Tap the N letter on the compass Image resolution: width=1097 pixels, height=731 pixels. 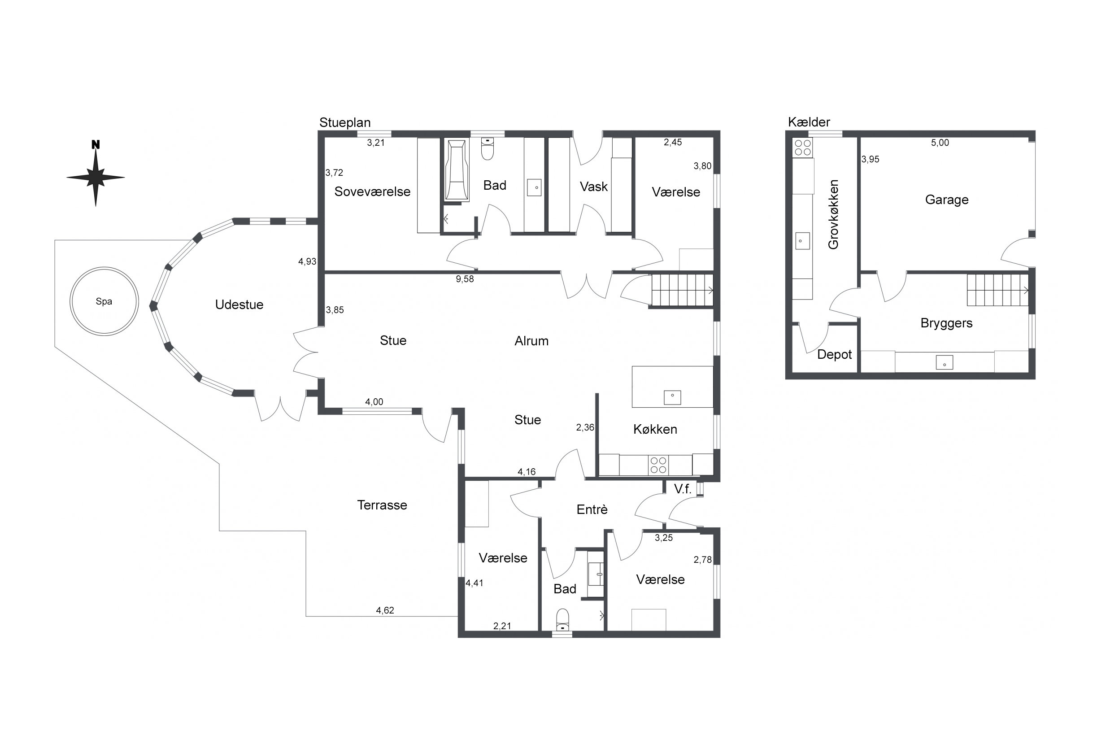click(x=96, y=144)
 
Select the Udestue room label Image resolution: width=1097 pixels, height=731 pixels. click(x=239, y=305)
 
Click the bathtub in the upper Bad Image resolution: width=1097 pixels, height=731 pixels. click(x=457, y=170)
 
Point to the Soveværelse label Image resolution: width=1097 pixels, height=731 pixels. click(x=373, y=191)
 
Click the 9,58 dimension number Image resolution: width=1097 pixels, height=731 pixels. click(x=465, y=279)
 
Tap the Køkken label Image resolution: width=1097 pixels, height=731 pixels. click(x=655, y=429)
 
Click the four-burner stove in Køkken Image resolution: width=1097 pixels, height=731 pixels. click(x=658, y=465)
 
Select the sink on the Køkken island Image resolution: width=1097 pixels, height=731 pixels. click(x=672, y=397)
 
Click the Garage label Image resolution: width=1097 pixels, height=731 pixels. click(x=947, y=200)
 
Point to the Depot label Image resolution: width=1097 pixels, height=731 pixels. click(x=835, y=355)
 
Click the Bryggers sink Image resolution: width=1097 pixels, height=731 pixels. click(x=945, y=362)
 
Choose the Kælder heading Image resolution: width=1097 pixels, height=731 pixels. click(x=809, y=122)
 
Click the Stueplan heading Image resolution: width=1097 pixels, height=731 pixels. click(x=345, y=122)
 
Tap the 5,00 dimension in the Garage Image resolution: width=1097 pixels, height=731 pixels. click(x=940, y=143)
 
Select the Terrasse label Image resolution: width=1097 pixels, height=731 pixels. click(x=382, y=505)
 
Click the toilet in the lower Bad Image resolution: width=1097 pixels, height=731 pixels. click(x=563, y=620)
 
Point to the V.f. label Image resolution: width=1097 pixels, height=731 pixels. click(x=683, y=488)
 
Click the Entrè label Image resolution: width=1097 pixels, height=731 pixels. click(x=592, y=509)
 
